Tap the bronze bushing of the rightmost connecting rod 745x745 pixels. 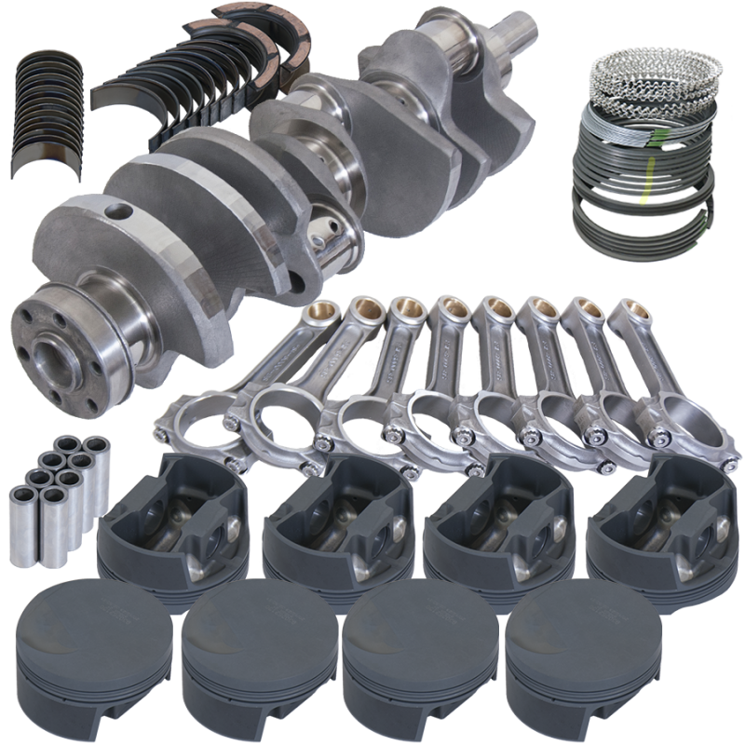point(625,312)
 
